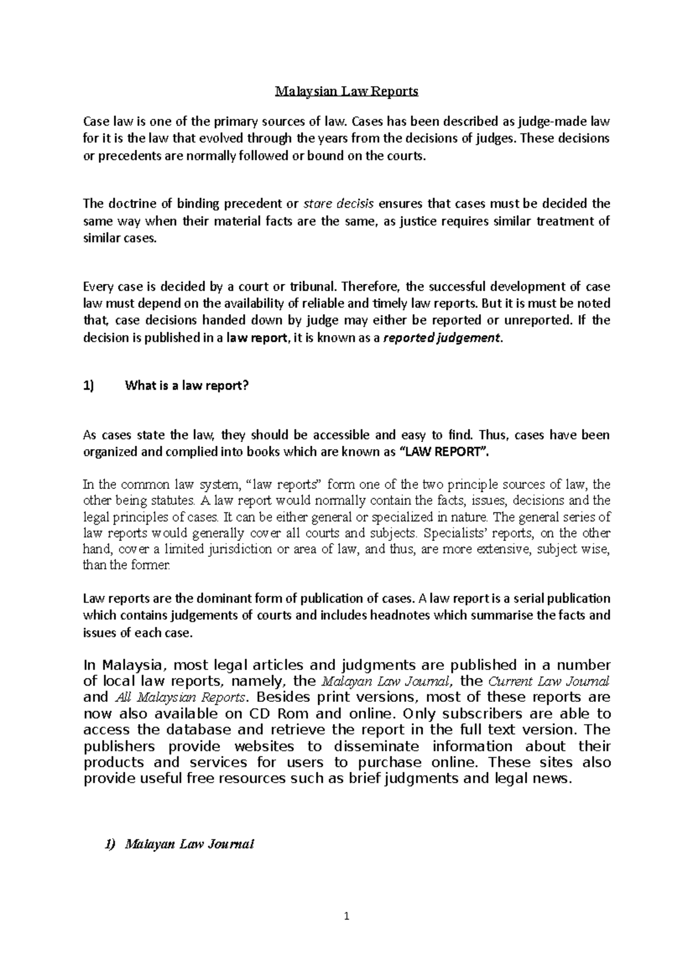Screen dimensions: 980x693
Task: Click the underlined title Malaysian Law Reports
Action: point(346,91)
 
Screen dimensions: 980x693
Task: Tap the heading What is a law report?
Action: point(187,386)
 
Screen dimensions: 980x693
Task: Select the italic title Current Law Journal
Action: point(549,680)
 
